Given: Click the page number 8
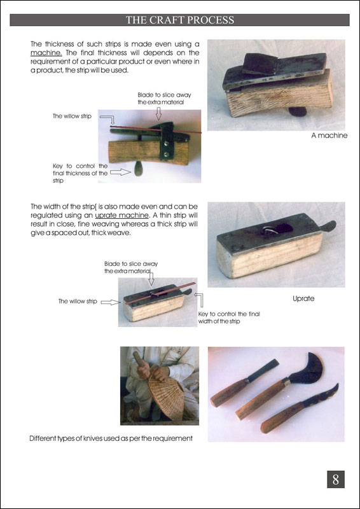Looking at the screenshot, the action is click(336, 479).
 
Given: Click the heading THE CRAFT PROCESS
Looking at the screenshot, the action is click(180, 20).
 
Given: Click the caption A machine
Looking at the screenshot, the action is click(329, 136).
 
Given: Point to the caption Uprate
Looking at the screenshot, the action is click(303, 298).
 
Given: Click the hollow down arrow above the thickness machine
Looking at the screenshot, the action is click(158, 114).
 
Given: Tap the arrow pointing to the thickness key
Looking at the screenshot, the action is click(120, 172).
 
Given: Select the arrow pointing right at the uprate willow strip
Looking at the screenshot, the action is click(111, 302).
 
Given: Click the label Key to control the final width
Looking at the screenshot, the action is click(229, 317).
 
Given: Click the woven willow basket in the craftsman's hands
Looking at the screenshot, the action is click(166, 396).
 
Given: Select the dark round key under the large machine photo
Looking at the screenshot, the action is click(298, 112).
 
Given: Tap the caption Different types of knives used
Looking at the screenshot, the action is click(111, 438).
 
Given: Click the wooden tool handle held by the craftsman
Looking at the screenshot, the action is click(138, 359).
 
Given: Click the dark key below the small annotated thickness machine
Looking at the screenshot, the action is click(139, 169).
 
